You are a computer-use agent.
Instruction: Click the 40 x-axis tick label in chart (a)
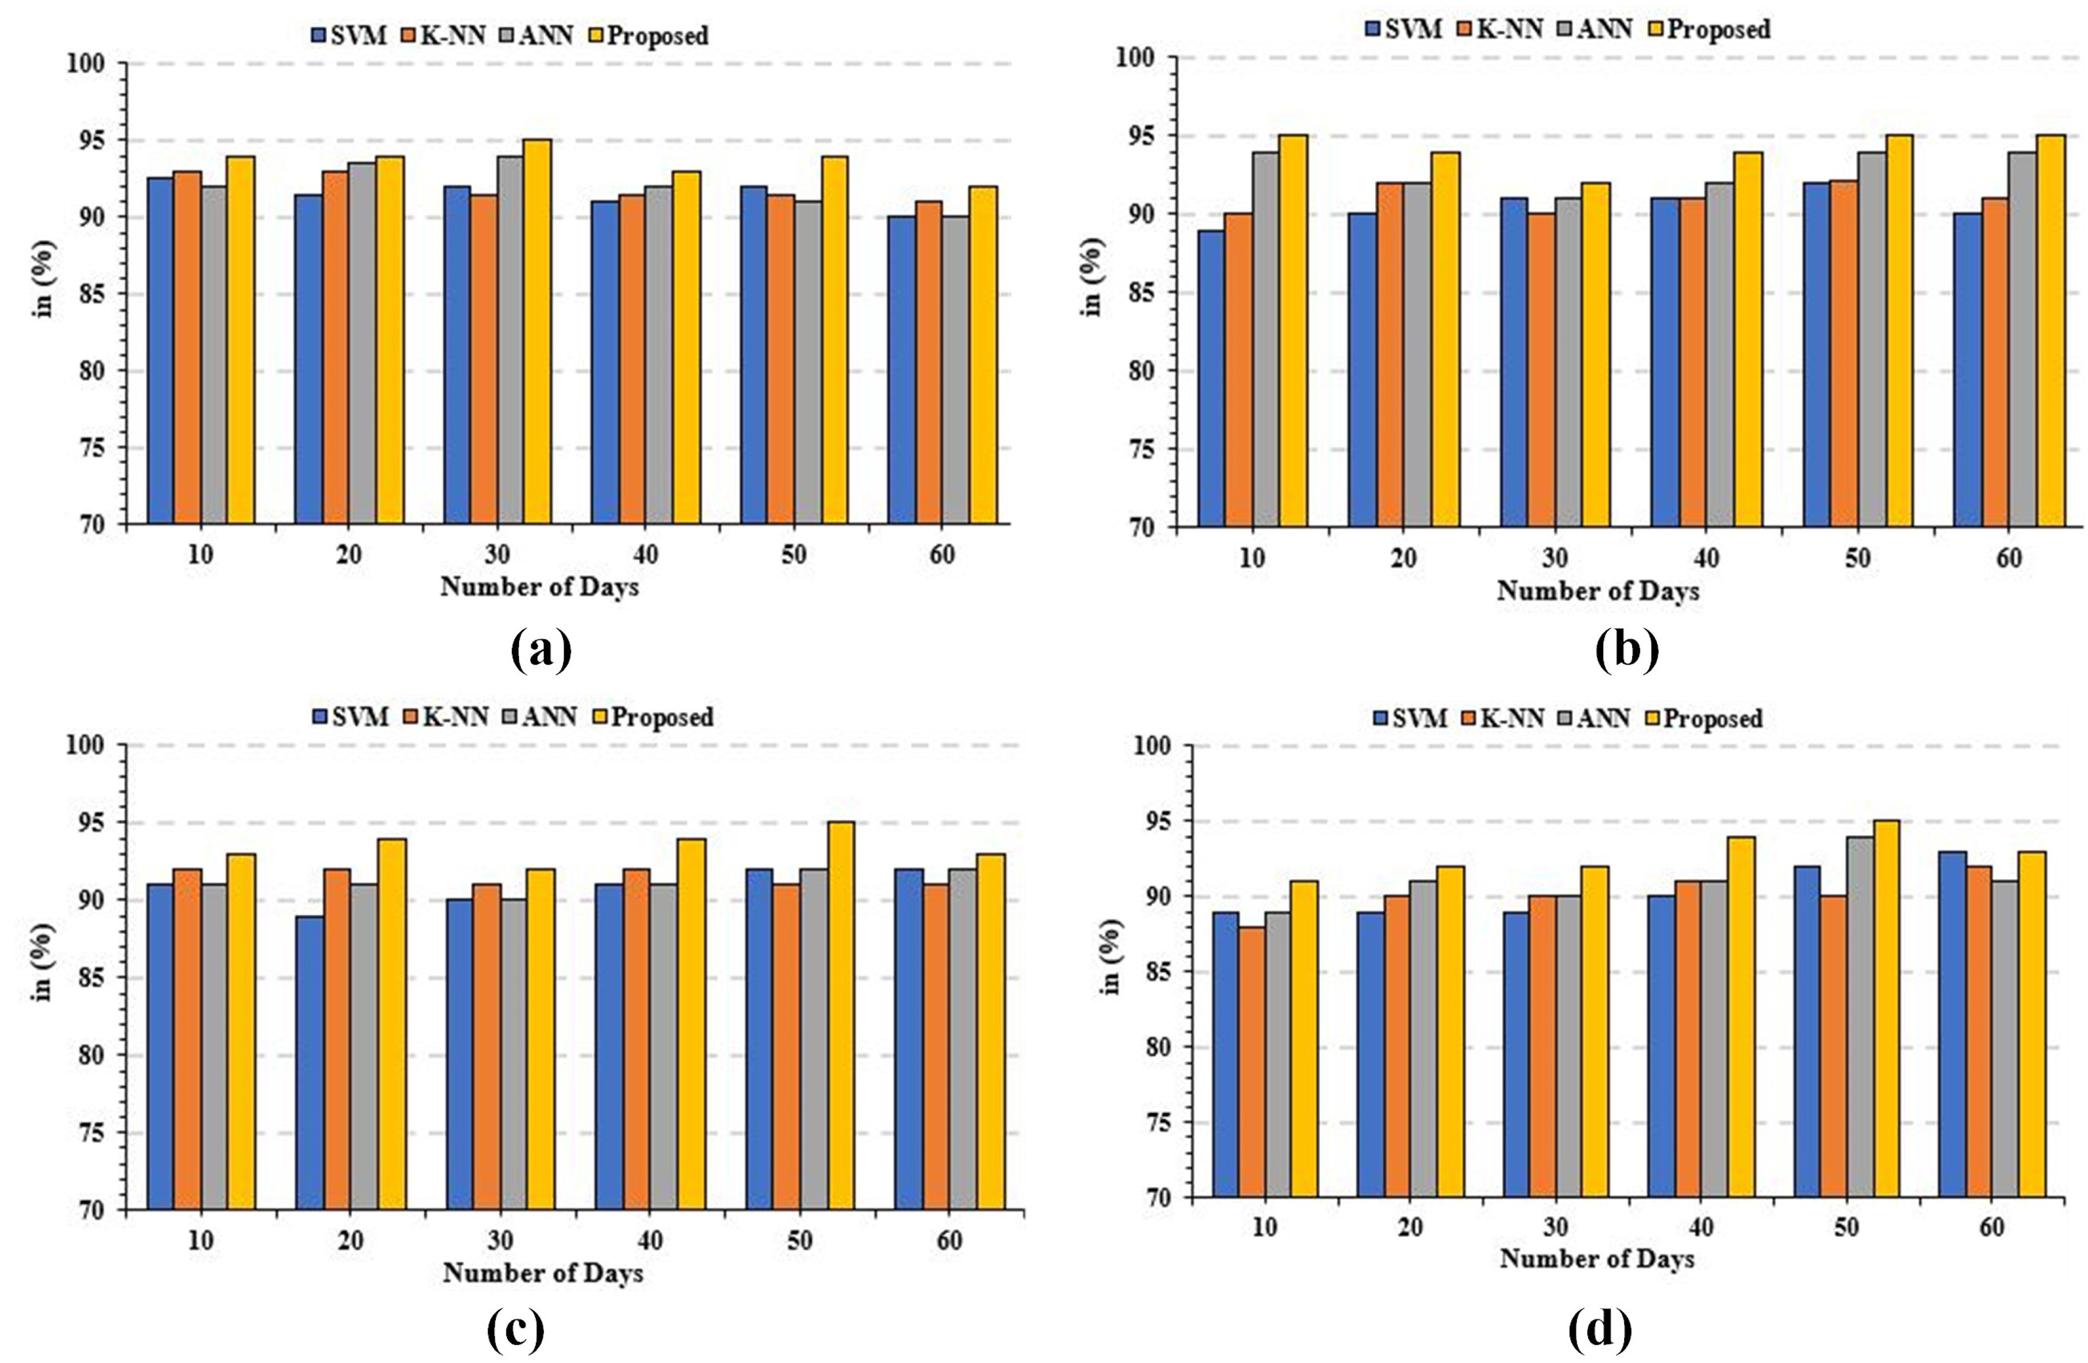click(645, 555)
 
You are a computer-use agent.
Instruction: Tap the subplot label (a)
click(541, 652)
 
